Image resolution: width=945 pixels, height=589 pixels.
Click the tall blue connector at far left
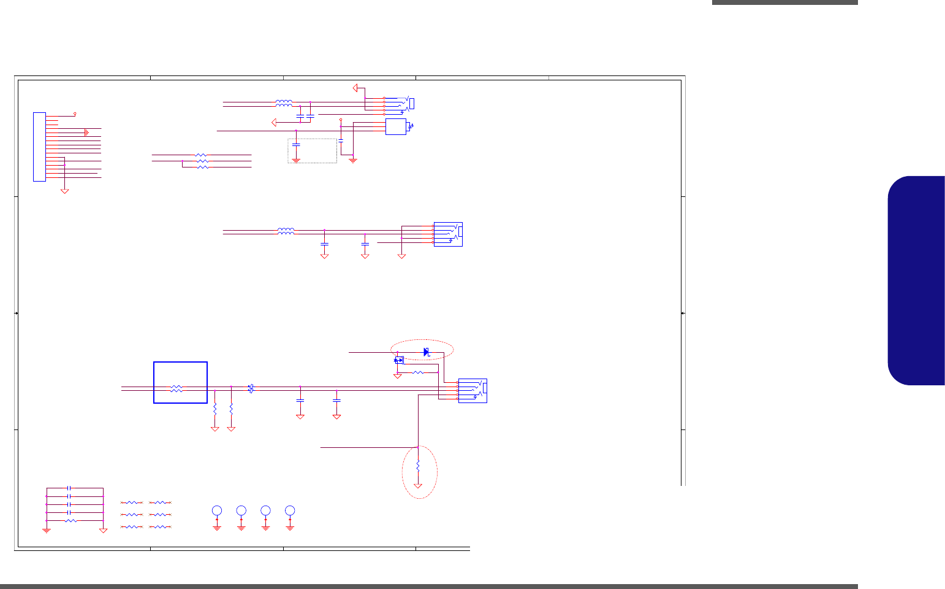point(39,147)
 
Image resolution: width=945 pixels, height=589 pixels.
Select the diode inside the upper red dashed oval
point(427,352)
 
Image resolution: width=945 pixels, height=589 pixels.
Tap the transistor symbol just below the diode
point(399,360)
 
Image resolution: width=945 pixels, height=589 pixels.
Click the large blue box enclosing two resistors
point(180,382)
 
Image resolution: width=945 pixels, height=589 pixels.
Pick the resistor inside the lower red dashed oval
point(418,466)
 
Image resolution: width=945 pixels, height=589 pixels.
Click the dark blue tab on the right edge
point(916,281)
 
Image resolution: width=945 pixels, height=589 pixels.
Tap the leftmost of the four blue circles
point(217,510)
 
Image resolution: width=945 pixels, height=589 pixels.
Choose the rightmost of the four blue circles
point(290,510)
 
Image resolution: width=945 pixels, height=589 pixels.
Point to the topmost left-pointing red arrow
point(355,88)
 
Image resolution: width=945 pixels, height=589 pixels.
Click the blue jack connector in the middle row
point(448,234)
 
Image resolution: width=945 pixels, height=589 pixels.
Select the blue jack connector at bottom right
point(473,390)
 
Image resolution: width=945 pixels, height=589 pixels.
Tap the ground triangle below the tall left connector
point(64,191)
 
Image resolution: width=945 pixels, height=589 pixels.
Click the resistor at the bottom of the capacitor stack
point(71,520)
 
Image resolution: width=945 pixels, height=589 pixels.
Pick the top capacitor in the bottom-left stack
point(69,488)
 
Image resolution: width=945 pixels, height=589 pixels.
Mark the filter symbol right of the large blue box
point(251,388)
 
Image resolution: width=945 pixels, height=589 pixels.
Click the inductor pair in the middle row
point(286,231)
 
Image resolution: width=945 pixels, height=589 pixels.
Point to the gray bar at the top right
point(784,2)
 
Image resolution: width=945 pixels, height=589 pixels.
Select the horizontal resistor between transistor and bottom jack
point(418,372)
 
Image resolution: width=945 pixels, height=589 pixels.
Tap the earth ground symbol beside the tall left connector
point(87,132)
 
